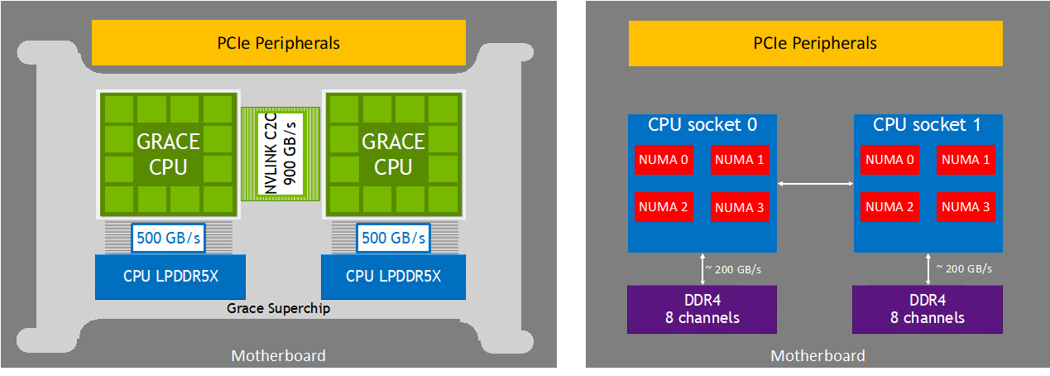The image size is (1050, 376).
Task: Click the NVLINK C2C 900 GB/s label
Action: [x=281, y=152]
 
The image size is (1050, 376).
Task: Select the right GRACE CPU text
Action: [x=393, y=154]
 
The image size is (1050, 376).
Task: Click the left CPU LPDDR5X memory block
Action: [x=166, y=276]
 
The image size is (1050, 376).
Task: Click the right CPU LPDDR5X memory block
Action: [x=393, y=276]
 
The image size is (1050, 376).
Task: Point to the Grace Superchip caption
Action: [x=279, y=308]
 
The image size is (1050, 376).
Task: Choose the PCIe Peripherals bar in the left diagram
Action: [x=279, y=43]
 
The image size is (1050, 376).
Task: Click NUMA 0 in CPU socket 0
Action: [x=662, y=160]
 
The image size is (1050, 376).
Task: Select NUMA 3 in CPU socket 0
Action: [x=738, y=207]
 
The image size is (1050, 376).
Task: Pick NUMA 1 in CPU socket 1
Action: [x=965, y=160]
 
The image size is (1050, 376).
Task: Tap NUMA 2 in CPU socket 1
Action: [x=888, y=207]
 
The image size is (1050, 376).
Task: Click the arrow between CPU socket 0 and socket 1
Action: [x=815, y=183]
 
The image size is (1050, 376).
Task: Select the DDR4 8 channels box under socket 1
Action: [x=928, y=309]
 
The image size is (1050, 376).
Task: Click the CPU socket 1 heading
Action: [x=928, y=125]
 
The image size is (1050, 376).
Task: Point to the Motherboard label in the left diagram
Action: [x=278, y=355]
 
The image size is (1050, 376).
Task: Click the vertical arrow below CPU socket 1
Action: [x=928, y=268]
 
